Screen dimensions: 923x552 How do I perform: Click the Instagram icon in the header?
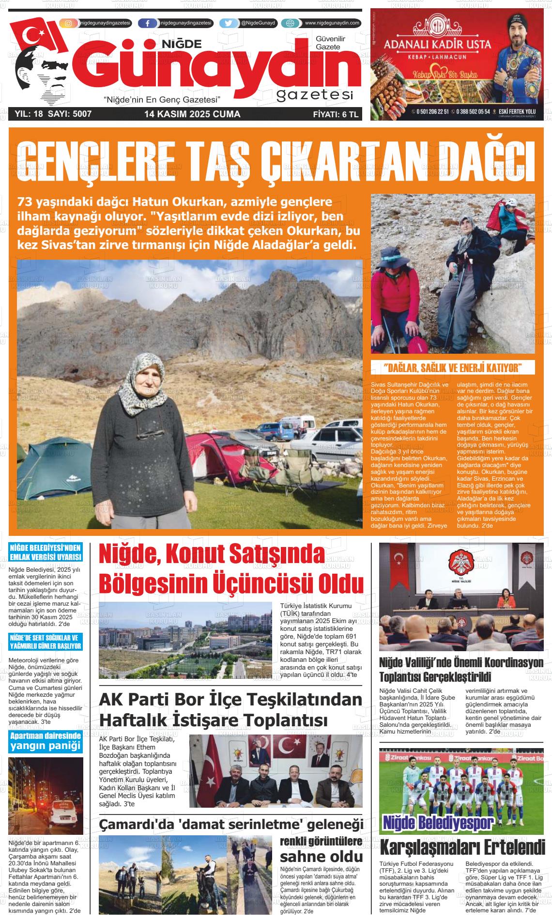(x=68, y=23)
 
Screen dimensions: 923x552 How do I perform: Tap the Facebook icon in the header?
(x=147, y=23)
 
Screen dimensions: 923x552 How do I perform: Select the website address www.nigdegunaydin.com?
(x=332, y=23)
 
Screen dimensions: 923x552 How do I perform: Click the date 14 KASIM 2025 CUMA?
(x=192, y=114)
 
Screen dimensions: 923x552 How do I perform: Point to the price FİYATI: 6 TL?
(x=335, y=114)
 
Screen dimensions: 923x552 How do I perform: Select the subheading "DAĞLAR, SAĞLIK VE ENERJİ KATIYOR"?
(x=452, y=367)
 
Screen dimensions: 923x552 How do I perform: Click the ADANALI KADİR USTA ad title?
(x=437, y=45)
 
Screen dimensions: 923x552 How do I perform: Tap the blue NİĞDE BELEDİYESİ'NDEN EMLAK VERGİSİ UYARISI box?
(x=45, y=552)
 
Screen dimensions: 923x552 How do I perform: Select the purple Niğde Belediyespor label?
(x=438, y=823)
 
